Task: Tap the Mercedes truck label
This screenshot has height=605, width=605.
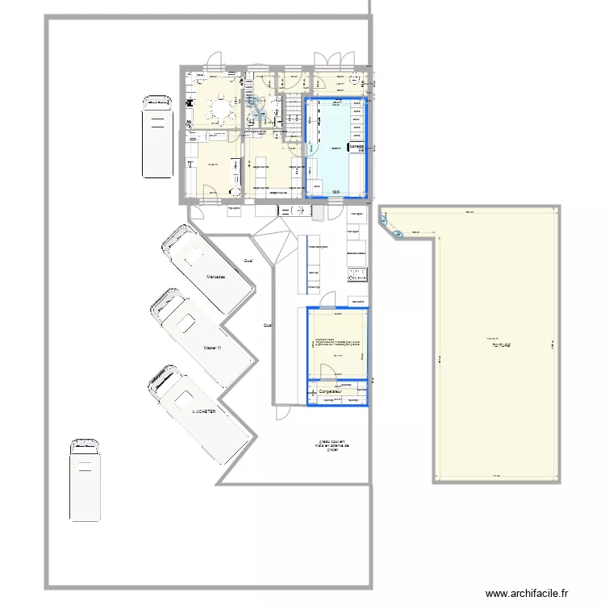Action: pyautogui.click(x=215, y=277)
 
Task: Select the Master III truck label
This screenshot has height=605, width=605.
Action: pyautogui.click(x=213, y=348)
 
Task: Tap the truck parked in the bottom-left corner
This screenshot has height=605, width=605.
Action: pyautogui.click(x=86, y=480)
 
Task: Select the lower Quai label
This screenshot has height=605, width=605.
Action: pyautogui.click(x=267, y=325)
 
